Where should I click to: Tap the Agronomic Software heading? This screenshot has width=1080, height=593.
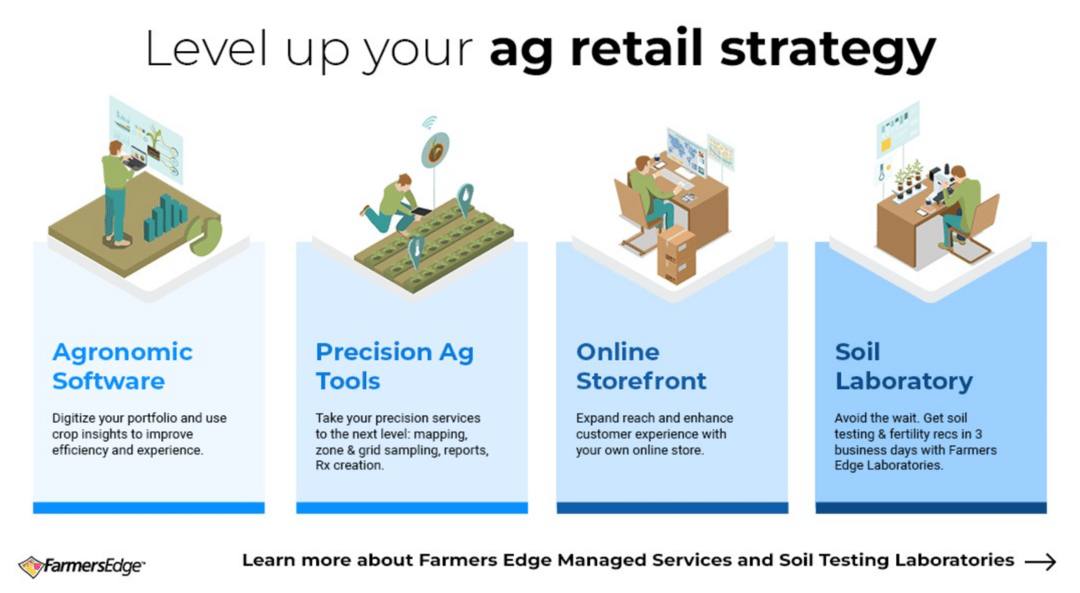pos(123,366)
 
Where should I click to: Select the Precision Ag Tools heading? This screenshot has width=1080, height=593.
pos(395,366)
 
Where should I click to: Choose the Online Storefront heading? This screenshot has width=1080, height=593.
pos(641,366)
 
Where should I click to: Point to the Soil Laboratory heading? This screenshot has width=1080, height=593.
pos(904,366)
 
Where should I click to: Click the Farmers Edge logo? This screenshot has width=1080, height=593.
pos(81,566)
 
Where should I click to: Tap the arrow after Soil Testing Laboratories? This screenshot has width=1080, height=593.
pos(1041,562)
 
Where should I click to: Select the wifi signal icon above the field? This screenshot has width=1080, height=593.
pos(429,122)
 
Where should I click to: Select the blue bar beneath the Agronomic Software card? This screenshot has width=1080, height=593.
pos(149,508)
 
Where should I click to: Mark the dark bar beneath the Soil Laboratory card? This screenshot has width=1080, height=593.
pos(931,508)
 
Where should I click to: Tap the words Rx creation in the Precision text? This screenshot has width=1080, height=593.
pos(349,465)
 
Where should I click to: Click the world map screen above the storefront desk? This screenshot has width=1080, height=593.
pos(686,150)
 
